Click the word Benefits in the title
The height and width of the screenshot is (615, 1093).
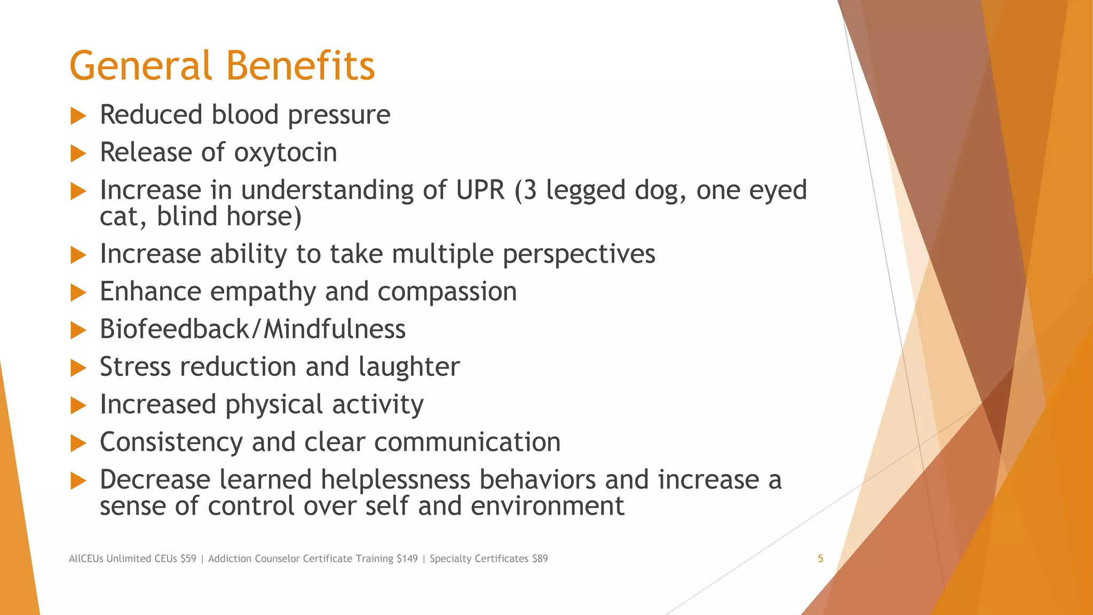click(300, 66)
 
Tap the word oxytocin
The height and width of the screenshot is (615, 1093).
click(286, 153)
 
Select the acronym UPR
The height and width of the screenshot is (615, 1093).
click(480, 191)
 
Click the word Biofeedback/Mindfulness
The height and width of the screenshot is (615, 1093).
click(252, 329)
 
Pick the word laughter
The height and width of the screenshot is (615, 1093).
click(409, 367)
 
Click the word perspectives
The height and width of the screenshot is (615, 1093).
click(579, 254)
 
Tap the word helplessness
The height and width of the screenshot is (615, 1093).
click(395, 480)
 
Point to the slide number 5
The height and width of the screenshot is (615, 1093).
click(820, 559)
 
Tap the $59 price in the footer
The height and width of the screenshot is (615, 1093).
click(188, 559)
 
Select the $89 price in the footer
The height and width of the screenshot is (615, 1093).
click(540, 559)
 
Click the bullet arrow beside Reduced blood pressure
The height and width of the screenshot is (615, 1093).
click(78, 116)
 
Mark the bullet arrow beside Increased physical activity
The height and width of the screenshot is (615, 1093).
click(78, 406)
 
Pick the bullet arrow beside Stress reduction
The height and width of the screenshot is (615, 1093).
click(78, 368)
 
